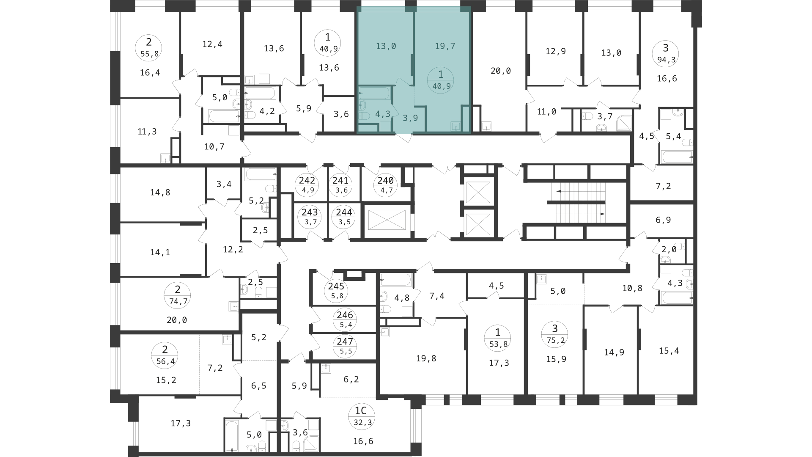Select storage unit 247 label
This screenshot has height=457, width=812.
pyautogui.click(x=345, y=346)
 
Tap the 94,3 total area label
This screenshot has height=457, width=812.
pyautogui.click(x=667, y=60)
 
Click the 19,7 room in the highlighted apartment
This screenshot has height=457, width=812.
pyautogui.click(x=445, y=46)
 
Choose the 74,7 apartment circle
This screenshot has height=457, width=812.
pyautogui.click(x=178, y=295)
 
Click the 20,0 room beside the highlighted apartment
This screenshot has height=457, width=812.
pyautogui.click(x=501, y=71)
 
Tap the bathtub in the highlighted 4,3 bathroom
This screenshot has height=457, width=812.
pyautogui.click(x=374, y=93)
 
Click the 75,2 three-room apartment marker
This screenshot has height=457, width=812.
pyautogui.click(x=555, y=334)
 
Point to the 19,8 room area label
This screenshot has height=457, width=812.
pyautogui.click(x=426, y=359)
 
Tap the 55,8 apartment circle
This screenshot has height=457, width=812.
pyautogui.click(x=148, y=48)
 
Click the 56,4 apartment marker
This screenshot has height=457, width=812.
pyautogui.click(x=165, y=355)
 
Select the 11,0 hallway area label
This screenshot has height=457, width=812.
pyautogui.click(x=546, y=112)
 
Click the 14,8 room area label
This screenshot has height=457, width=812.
pyautogui.click(x=160, y=193)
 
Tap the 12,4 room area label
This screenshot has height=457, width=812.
pyautogui.click(x=212, y=44)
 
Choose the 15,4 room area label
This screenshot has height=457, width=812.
pyautogui.click(x=669, y=351)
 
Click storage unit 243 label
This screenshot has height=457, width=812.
pyautogui.click(x=310, y=217)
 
